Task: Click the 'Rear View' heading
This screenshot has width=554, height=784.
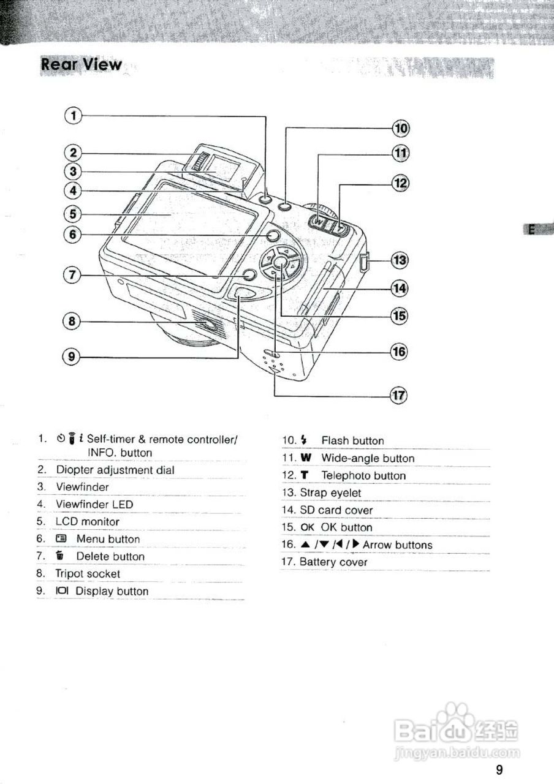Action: click(81, 65)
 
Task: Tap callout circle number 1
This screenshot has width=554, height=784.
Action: click(73, 115)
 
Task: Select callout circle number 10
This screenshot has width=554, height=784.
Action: click(400, 128)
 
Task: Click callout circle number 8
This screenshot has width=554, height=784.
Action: click(72, 320)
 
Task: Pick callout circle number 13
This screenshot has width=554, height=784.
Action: click(400, 261)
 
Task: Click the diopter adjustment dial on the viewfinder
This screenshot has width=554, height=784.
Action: click(199, 162)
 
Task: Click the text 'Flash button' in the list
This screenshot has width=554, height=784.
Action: click(352, 440)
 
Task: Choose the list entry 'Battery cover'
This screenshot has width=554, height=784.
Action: click(333, 562)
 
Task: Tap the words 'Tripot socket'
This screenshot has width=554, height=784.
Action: click(88, 574)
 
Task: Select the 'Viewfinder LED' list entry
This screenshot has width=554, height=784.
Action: click(94, 504)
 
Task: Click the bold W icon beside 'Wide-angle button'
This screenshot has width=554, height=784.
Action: click(306, 458)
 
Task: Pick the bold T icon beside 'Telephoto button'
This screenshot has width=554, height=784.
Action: click(305, 475)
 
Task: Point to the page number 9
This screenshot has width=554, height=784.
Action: click(499, 770)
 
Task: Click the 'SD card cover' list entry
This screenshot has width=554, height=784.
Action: click(336, 510)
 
